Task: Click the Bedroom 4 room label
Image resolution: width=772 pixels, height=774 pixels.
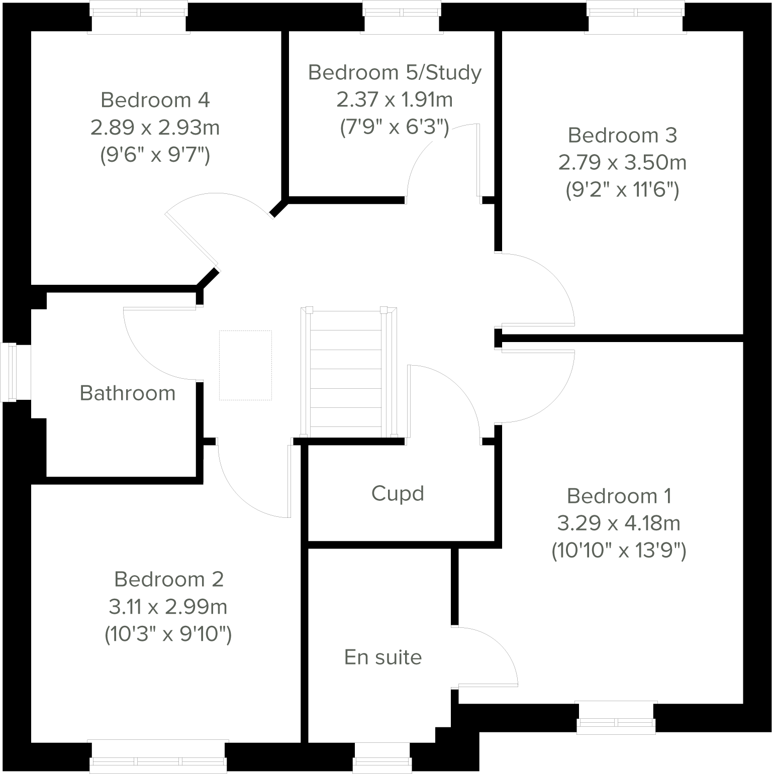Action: [155, 100]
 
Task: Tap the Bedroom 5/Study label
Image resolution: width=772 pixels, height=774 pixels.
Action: [395, 72]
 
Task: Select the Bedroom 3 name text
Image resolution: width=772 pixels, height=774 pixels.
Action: [622, 135]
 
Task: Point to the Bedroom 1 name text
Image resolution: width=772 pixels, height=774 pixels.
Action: [619, 496]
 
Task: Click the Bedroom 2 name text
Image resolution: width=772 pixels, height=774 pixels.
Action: [168, 579]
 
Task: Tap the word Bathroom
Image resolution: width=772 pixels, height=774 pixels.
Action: [128, 393]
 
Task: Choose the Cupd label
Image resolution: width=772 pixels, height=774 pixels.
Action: [398, 493]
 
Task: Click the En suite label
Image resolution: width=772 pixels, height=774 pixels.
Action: [383, 657]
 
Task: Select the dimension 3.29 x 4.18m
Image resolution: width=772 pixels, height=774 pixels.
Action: [619, 523]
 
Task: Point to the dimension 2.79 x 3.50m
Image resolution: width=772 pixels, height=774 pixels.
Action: [622, 162]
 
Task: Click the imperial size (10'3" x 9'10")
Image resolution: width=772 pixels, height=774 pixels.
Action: [168, 634]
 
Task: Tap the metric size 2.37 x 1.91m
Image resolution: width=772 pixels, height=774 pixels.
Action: [395, 99]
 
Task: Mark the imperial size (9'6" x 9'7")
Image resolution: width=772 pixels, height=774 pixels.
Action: [155, 155]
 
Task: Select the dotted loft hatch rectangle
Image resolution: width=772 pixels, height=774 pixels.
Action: [245, 365]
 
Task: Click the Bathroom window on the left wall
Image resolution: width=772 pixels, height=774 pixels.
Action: [9, 372]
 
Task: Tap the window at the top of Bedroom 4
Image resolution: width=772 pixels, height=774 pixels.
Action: [139, 18]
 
